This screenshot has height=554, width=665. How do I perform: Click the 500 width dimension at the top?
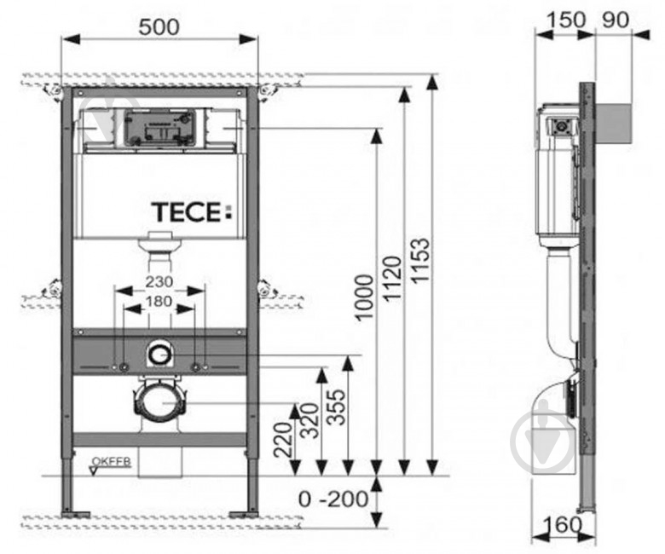click(160, 27)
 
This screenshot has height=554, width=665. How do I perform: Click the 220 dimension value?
click(284, 439)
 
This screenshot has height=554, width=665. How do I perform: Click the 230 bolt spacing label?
click(159, 281)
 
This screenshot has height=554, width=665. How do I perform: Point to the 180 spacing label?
click(159, 301)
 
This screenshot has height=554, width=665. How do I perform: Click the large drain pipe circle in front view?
click(159, 401)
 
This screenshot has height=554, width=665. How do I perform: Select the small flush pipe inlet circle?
click(159, 350)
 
